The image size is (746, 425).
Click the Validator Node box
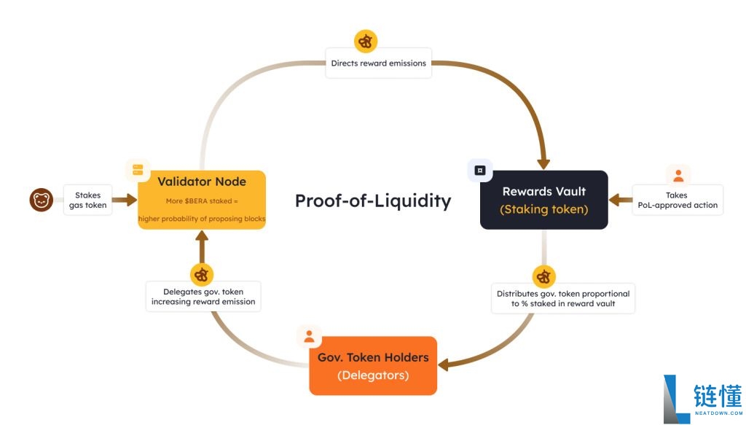tap(202, 200)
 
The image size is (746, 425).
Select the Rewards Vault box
tap(543, 200)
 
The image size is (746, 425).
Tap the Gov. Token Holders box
tap(373, 365)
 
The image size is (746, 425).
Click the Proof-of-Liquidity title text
tap(373, 201)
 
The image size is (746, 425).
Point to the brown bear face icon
tap(42, 200)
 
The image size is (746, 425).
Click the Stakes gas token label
tap(87, 200)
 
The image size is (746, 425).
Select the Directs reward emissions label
tap(379, 63)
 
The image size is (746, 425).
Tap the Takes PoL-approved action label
tap(678, 200)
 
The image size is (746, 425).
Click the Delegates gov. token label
tap(203, 297)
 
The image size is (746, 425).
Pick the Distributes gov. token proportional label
tap(563, 298)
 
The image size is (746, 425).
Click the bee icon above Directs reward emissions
tap(366, 42)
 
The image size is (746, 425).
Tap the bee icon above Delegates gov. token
tap(202, 275)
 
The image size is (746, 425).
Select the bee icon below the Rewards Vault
tap(543, 276)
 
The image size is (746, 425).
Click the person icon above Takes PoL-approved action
tap(678, 176)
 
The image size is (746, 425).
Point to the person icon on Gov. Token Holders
tap(309, 337)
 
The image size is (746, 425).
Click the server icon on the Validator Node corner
tap(138, 170)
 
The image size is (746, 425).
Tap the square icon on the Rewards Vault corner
tap(480, 171)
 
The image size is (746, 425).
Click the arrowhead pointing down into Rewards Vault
tap(543, 165)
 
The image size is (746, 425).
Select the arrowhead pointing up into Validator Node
tap(202, 235)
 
